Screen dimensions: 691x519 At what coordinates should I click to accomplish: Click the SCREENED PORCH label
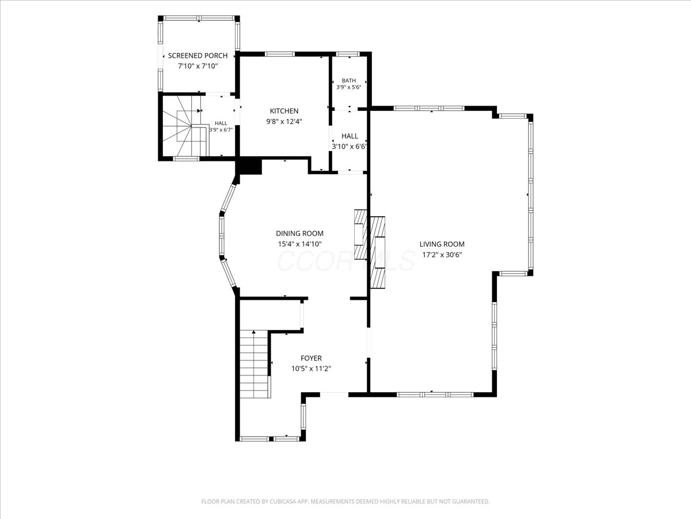tap(198, 56)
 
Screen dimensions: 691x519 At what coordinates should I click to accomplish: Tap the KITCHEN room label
tap(284, 111)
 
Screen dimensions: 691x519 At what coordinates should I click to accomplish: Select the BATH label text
tap(349, 81)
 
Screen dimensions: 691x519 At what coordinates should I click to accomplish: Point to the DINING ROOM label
tap(299, 234)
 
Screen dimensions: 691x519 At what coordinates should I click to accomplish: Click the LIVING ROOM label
tap(442, 244)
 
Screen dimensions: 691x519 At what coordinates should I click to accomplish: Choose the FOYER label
tap(311, 358)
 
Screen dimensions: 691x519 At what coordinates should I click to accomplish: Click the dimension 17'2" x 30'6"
tap(442, 255)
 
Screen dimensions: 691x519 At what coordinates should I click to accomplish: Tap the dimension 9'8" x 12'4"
tap(284, 121)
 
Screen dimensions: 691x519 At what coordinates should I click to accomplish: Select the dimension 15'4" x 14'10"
tap(299, 244)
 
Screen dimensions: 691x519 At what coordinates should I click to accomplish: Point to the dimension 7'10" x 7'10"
tap(198, 66)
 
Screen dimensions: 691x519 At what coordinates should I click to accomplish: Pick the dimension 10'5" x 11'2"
tap(311, 368)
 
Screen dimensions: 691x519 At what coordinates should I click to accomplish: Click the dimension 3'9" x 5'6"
tap(349, 87)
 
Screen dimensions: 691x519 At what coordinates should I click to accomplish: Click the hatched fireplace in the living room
tap(377, 252)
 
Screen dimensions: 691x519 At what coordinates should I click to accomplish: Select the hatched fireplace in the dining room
tap(361, 235)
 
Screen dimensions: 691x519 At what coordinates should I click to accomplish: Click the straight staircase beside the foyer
tap(255, 364)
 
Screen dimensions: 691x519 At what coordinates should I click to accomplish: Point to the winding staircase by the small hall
tap(186, 126)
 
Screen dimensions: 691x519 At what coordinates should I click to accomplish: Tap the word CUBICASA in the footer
tap(283, 501)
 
